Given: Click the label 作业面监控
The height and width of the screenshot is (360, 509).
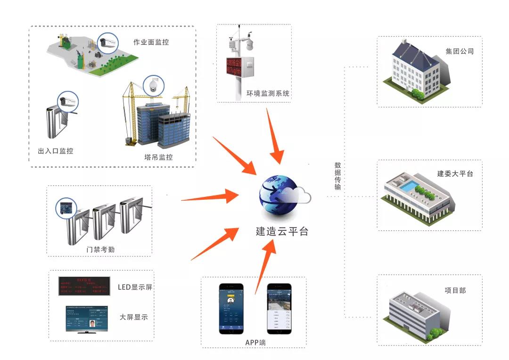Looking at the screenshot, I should pos(151,42).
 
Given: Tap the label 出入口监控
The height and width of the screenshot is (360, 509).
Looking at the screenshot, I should pos(56,151).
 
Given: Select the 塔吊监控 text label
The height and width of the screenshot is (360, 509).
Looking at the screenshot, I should pos(158,157).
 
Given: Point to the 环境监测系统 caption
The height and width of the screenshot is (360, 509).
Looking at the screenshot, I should pos(268,93).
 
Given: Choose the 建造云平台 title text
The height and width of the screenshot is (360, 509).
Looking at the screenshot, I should pos(282,232).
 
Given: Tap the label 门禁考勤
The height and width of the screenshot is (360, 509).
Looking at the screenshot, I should pos(100,249).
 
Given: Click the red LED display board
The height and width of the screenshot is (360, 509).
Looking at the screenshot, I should pos(84,286).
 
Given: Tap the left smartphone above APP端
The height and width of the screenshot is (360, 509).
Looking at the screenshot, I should pos(231,309).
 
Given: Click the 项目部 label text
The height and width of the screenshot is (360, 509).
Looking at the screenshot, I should pos(455,290).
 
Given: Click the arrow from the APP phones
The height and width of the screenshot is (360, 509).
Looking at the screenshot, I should pos(264,266).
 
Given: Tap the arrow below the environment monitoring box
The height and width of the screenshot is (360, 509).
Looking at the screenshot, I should pos(275,137).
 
